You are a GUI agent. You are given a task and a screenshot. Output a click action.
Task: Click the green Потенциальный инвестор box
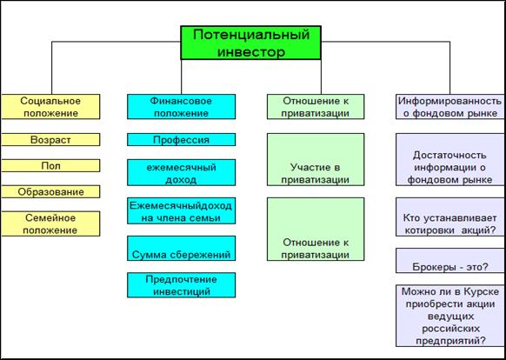(x=250, y=43)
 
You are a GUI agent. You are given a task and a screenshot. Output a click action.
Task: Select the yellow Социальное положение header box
(x=50, y=107)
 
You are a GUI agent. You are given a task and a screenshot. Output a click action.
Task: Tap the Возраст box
(x=50, y=139)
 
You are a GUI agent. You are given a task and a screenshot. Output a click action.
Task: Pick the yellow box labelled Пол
(x=50, y=165)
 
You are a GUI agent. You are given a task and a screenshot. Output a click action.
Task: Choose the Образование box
(x=50, y=192)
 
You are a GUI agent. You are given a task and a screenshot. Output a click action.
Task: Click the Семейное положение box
(x=50, y=223)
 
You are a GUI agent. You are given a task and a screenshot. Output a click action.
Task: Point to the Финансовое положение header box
(x=181, y=107)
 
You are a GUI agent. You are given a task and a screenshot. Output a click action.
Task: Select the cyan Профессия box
(x=181, y=139)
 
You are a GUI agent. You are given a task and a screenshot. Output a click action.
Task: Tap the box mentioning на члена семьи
(x=181, y=210)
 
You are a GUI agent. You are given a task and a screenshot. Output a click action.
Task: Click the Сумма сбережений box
(x=181, y=249)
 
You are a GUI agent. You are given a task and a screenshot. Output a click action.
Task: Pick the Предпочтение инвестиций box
(x=181, y=285)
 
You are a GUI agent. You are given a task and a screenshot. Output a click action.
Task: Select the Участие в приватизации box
(x=316, y=159)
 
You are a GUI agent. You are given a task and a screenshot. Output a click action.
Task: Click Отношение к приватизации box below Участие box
(x=316, y=229)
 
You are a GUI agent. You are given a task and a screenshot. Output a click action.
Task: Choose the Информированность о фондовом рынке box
(x=450, y=107)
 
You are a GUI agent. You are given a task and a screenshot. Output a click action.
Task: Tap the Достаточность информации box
(x=450, y=159)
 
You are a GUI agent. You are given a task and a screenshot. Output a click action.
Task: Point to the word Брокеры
(x=431, y=267)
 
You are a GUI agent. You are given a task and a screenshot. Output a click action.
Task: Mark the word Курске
(x=482, y=292)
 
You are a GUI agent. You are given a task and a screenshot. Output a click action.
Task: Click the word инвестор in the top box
(x=250, y=51)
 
